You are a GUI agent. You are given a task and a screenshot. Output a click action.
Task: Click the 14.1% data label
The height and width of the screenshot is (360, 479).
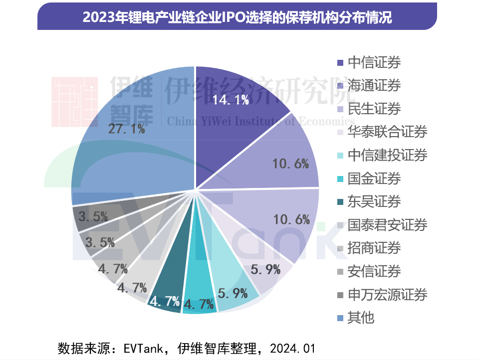tap(231, 100)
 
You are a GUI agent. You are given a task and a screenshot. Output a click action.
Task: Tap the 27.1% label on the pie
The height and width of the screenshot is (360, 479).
tap(127, 129)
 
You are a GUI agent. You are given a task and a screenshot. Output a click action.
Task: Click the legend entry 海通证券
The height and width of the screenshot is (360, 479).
tap(374, 85)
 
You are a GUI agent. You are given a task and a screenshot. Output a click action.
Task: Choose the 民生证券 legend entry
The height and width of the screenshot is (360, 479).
tap(374, 109)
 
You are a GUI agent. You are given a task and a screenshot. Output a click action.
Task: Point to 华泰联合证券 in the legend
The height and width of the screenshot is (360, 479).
tap(387, 132)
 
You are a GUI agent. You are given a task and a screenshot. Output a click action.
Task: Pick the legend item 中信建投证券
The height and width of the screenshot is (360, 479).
tap(387, 155)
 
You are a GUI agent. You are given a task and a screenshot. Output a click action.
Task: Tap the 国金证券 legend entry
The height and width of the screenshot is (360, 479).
tap(374, 179)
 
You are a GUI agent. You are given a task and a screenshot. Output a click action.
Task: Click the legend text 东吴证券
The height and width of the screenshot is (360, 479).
tap(374, 201)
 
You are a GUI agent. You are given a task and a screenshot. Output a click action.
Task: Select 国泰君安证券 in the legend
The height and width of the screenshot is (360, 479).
tap(387, 225)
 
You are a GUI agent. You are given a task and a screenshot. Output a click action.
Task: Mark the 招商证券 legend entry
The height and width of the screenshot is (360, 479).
tap(374, 248)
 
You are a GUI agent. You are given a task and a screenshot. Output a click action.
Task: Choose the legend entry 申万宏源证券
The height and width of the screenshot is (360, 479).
tap(387, 294)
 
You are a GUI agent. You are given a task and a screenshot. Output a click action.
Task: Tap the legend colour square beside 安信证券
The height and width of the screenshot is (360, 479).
tap(340, 272)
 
